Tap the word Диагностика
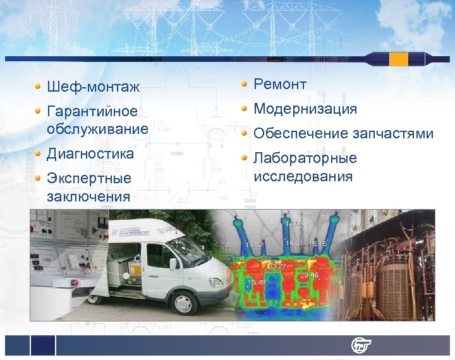(x=90, y=153)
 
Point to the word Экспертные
(x=88, y=179)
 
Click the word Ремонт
(x=280, y=85)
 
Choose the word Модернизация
(x=305, y=109)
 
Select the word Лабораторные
(x=305, y=159)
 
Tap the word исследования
(x=303, y=176)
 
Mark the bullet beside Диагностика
(x=39, y=154)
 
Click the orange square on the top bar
(x=399, y=59)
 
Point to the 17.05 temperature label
(x=294, y=224)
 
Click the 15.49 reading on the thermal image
(x=257, y=282)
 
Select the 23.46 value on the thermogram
(x=309, y=275)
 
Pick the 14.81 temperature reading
(x=294, y=244)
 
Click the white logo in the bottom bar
(x=362, y=345)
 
